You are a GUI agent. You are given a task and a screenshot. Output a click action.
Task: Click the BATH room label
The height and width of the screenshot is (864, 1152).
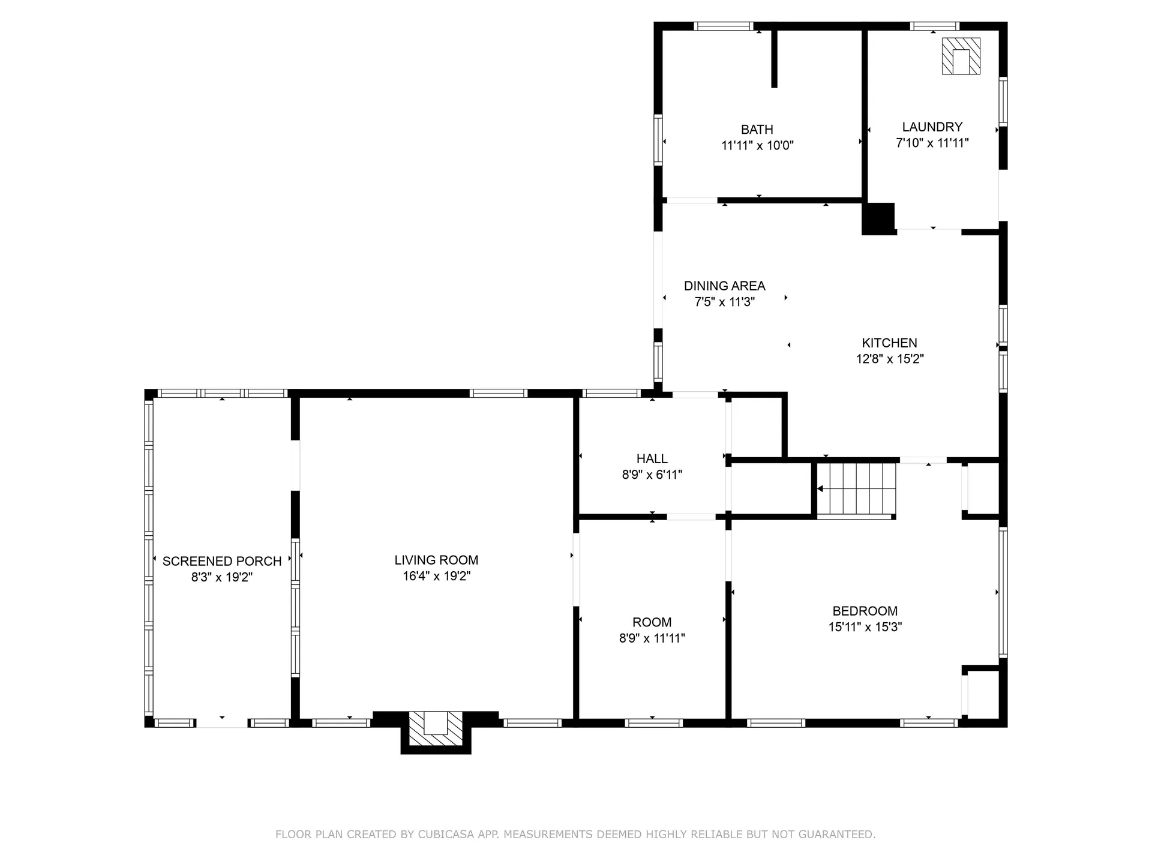tap(757, 129)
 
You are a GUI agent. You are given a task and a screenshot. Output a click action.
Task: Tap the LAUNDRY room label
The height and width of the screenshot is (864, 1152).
tap(932, 127)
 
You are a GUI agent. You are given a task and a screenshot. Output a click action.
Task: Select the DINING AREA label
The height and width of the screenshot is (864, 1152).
tap(724, 286)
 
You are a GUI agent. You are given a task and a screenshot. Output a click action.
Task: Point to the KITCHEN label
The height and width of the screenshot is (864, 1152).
tap(889, 343)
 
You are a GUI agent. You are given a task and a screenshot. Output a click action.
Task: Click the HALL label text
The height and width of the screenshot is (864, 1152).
tap(652, 458)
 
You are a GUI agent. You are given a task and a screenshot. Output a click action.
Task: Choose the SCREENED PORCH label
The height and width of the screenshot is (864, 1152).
tap(222, 561)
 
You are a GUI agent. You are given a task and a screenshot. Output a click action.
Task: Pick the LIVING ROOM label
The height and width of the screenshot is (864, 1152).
tap(436, 560)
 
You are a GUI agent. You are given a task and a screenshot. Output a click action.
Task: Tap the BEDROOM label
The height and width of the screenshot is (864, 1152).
tap(865, 611)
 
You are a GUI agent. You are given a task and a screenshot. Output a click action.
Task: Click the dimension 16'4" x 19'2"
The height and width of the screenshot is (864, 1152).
tap(436, 576)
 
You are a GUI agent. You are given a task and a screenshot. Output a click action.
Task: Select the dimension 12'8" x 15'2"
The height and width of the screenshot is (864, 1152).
tap(889, 359)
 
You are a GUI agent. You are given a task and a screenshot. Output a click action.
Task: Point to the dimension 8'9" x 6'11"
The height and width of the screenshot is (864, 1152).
tap(652, 475)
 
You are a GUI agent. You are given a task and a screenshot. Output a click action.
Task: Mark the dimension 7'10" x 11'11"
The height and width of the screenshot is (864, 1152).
tap(932, 143)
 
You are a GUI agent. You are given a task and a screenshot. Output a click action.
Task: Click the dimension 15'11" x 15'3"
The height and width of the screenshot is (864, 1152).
tap(865, 627)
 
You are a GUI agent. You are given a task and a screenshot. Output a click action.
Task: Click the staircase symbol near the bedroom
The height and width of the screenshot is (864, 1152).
tap(857, 489)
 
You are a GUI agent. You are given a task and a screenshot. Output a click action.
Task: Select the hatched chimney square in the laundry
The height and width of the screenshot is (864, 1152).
tap(961, 56)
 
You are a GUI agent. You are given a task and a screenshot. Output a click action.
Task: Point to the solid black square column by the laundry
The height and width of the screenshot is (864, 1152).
tap(878, 218)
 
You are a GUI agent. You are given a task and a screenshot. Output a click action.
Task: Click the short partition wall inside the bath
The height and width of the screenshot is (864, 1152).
tap(774, 59)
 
